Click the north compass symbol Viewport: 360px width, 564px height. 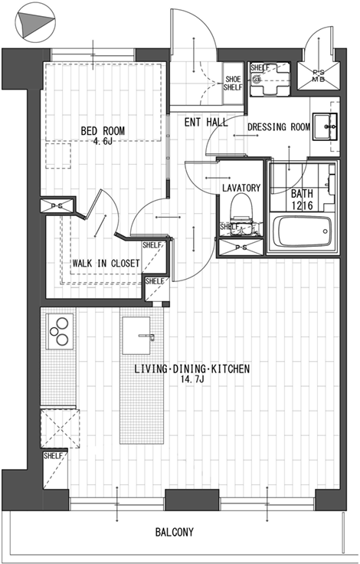pyautogui.click(x=35, y=23)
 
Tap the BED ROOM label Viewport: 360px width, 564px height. pyautogui.click(x=103, y=130)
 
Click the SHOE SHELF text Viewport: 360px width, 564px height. pyautogui.click(x=233, y=83)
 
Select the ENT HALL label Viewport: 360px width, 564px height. pyautogui.click(x=206, y=123)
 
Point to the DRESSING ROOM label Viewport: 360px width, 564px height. pyautogui.click(x=279, y=127)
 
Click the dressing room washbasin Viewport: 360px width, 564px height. pyautogui.click(x=325, y=126)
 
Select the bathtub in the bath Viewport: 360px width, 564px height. pyautogui.click(x=302, y=231)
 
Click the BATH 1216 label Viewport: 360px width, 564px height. pyautogui.click(x=302, y=200)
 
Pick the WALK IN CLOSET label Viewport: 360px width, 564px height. pyautogui.click(x=106, y=264)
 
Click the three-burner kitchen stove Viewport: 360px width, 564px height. pyautogui.click(x=60, y=331)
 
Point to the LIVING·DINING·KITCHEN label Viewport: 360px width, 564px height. pyautogui.click(x=191, y=369)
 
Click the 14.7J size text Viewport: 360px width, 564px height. pyautogui.click(x=192, y=379)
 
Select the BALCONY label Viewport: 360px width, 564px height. pyautogui.click(x=175, y=532)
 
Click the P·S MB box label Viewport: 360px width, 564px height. pyautogui.click(x=318, y=77)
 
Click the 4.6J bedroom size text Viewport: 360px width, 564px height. pyautogui.click(x=103, y=141)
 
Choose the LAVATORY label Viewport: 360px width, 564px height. pyautogui.click(x=241, y=188)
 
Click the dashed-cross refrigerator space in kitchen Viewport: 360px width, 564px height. pyautogui.click(x=60, y=428)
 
